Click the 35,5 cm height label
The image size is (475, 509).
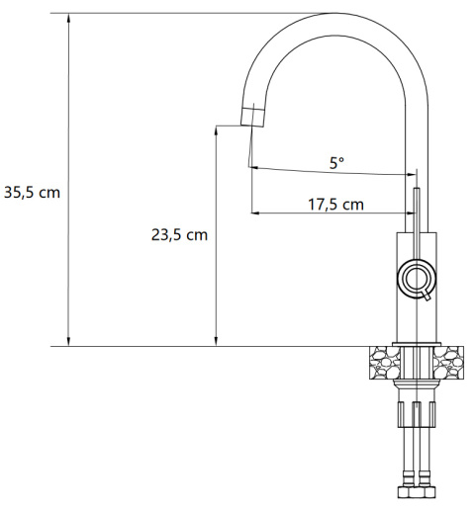[32, 192]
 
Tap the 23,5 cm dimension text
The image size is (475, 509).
[179, 235]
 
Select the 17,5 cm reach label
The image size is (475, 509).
[335, 205]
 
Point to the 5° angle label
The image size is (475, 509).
[336, 163]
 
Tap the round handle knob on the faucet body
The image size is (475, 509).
[418, 279]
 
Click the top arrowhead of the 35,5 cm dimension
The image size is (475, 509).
[68, 18]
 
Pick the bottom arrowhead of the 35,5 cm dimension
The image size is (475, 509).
[68, 342]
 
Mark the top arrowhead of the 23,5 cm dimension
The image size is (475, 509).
[216, 130]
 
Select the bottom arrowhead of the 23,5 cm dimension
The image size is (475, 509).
[216, 342]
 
